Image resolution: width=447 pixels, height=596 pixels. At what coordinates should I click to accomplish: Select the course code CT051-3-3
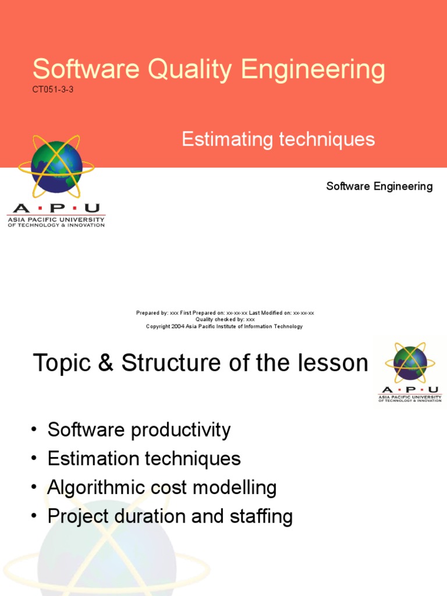pos(53,90)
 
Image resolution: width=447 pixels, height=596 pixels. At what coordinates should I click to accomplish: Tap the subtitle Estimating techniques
pos(278,140)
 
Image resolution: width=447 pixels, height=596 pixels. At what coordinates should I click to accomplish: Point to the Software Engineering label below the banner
pos(379,186)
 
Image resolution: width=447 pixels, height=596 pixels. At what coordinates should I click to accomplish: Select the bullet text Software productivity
pos(139,430)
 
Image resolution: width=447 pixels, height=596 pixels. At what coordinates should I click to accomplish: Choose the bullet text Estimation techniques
pos(144,459)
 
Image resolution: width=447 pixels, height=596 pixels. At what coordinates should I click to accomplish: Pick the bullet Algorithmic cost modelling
pos(162,487)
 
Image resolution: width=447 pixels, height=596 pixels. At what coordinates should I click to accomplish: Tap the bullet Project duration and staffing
pos(170,516)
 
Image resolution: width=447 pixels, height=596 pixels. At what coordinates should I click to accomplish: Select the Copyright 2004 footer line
pos(224,327)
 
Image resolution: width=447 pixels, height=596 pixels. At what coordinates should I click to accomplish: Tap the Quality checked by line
pos(225,320)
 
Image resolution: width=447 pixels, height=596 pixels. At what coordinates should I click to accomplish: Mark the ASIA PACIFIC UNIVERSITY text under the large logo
pos(56,220)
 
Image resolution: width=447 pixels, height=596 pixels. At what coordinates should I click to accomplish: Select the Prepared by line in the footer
pos(225,313)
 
